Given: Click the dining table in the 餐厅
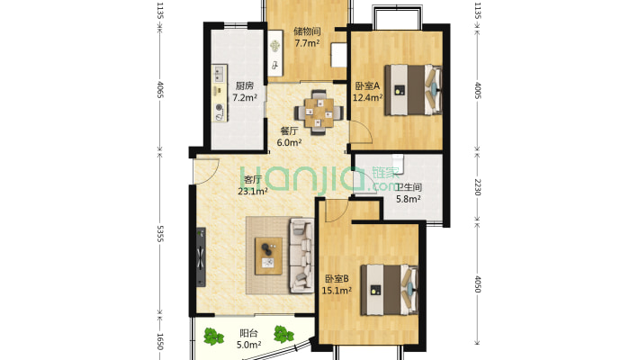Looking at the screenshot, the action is pos(319,112).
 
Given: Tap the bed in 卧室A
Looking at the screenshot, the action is pos(414,90).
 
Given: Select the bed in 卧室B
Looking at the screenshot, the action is pos(389,290).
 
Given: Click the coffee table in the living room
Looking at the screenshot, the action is pos(268,256).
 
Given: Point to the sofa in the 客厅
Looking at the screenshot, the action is pos(301,256).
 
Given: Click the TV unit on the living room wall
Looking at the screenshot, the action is pos(201,256).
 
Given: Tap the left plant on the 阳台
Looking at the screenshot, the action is pos(213,337).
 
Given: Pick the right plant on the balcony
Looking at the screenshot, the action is pos(283,334).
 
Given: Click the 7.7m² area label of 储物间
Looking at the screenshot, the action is pos(307,43).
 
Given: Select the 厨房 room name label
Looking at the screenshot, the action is pos(245,86).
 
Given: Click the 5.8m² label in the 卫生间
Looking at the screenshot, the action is pos(409,199).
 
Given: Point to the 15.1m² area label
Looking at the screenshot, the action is pos(337,291).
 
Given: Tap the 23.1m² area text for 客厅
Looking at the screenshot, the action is pos(253,191).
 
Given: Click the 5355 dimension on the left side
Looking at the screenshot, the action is pos(160,234).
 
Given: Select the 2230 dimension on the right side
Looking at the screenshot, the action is pos(478,187).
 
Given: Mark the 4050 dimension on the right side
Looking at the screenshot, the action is pos(478,284).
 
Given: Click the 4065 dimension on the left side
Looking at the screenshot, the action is pos(160,89).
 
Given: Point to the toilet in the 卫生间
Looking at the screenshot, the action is pos(398,164).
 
